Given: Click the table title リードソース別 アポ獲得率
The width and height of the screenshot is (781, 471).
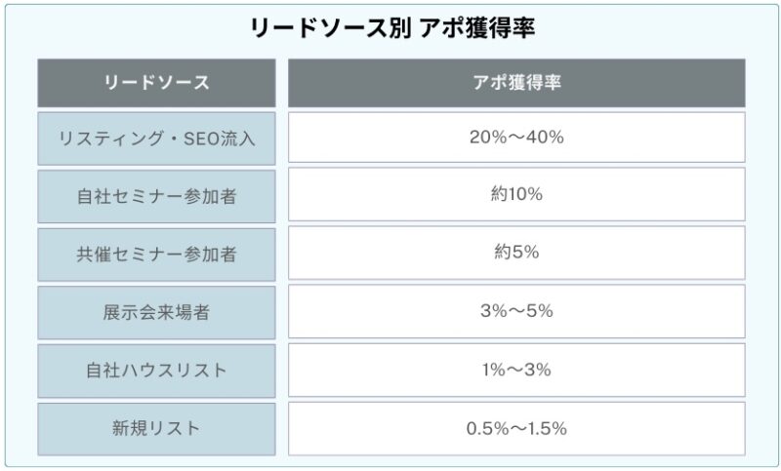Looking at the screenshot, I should coord(391,26).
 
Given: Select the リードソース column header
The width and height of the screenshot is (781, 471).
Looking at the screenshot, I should coord(156,83).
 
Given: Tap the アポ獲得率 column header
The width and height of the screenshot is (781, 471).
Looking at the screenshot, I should coord(516,83).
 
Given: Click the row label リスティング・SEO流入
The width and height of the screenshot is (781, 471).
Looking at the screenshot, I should coord(156,137).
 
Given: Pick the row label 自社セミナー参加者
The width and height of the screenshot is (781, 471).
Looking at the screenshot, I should coord(156,194).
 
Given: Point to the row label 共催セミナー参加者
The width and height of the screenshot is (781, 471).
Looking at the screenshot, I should coord(156,254).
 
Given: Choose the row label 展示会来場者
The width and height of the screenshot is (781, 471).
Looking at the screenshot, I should coord(156,312).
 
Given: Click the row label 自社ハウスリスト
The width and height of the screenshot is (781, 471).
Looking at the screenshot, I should coord(156,371).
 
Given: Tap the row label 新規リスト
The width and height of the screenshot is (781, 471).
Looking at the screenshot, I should coord(156,428).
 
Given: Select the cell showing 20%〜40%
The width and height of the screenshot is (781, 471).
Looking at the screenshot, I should coord(516,137).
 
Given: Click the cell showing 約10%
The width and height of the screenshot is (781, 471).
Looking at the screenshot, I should coord(516,194).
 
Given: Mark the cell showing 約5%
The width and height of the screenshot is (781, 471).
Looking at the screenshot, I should coord(516,254).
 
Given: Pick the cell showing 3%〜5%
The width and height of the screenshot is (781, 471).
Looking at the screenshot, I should coord(516,312).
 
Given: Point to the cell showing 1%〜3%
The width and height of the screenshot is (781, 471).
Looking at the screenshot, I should coord(516,371).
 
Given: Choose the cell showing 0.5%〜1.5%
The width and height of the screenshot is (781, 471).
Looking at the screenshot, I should coord(516,428).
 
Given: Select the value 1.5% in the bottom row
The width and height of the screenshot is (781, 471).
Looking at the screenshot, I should coord(547,428).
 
